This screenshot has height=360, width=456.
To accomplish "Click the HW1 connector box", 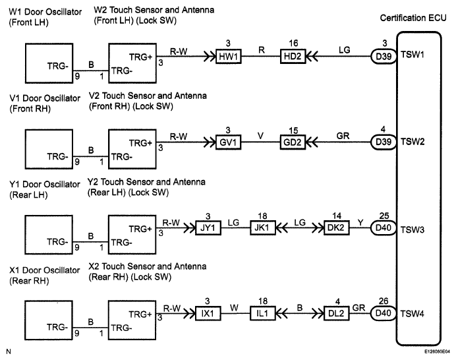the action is point(229,57).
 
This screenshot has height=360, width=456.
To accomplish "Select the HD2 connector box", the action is point(293,56).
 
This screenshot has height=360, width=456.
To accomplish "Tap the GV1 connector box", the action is point(228,142).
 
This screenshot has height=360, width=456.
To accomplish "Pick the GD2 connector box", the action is point(293,142).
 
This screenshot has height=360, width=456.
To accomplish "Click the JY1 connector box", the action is point(208,227).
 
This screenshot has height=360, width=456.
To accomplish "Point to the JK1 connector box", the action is point(263,227).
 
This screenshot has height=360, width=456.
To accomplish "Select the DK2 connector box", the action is point(337,227).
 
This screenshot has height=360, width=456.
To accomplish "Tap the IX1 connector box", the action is point(208,313).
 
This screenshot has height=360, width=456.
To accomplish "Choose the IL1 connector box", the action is point(263,313).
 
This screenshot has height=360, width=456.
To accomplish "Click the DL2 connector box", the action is point(337,313).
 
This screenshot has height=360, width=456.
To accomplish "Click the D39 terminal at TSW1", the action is point(384,56).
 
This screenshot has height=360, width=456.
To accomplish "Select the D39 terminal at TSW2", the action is point(384,142).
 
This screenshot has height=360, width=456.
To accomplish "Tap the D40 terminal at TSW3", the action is point(384,227).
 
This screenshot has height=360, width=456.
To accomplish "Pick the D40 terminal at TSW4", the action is point(384,313).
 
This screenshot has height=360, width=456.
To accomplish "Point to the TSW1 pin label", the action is point(413,55).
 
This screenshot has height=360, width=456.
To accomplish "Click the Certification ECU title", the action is point(413,18).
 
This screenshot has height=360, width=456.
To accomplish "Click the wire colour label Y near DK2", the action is point(360,223).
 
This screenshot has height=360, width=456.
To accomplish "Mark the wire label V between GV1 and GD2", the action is point(260,136).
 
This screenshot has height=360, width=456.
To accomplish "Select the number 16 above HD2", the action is point(293,43).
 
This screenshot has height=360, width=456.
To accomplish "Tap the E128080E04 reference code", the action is point(437,352).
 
